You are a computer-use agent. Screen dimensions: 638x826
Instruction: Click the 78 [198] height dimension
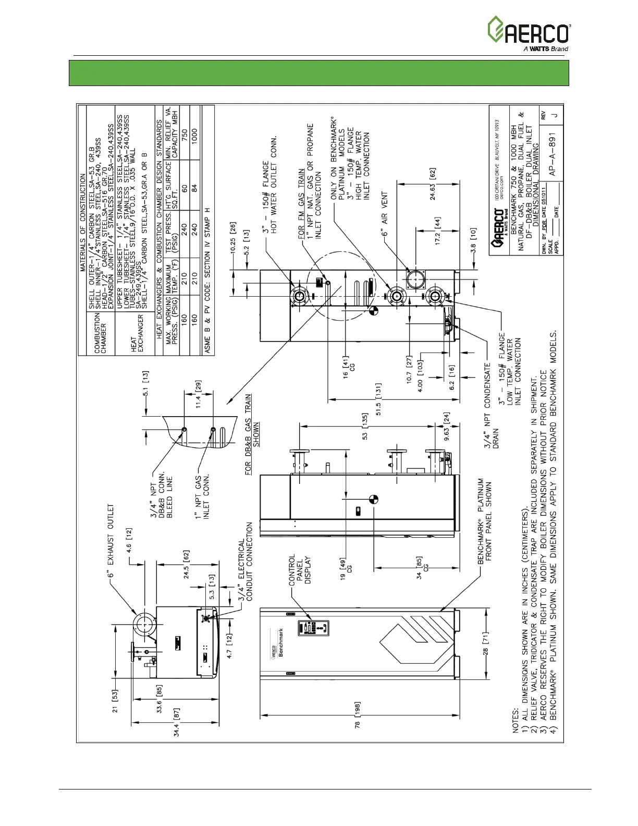[358, 714]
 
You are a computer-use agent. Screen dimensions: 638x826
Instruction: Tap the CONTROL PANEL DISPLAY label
[299, 569]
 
